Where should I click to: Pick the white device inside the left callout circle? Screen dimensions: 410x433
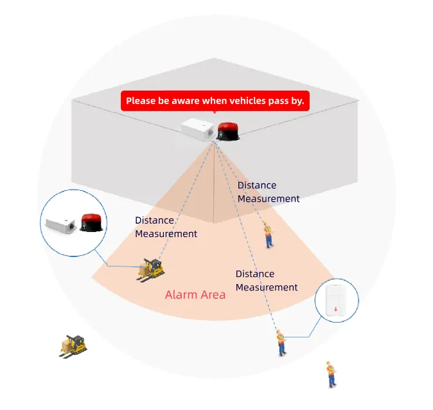[61, 224]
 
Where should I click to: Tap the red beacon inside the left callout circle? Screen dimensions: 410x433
[90, 224]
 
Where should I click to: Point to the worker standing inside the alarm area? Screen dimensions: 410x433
[268, 236]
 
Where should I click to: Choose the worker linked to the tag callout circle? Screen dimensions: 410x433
[281, 343]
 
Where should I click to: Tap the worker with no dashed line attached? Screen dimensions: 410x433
[331, 374]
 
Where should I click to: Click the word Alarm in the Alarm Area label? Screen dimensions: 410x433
[180, 295]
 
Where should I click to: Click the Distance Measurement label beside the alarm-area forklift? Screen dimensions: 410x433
[166, 227]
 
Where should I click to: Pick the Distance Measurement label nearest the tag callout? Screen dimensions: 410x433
[267, 281]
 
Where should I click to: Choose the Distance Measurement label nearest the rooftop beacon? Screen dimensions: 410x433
[269, 192]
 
